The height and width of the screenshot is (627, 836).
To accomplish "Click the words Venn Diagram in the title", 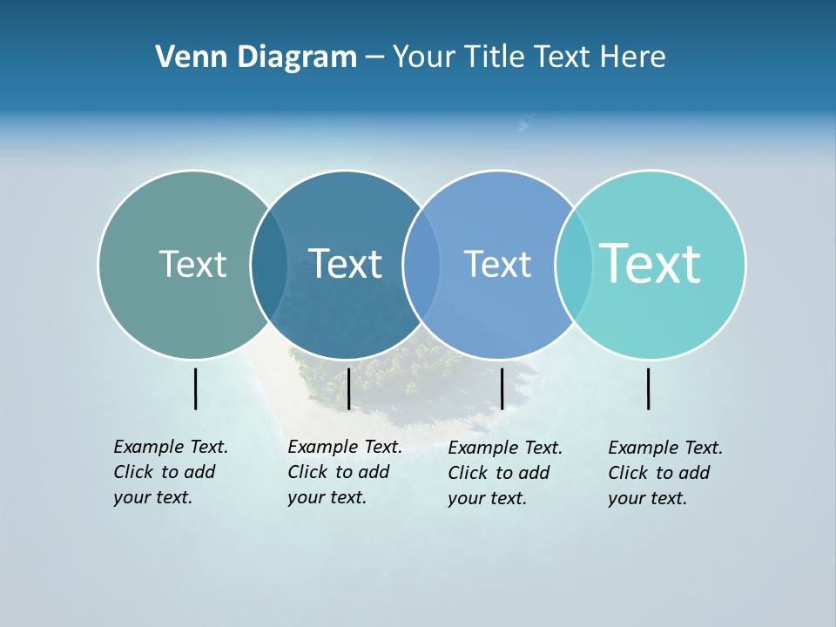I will tap(256, 57).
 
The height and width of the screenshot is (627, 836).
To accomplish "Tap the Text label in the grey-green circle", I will tap(192, 264).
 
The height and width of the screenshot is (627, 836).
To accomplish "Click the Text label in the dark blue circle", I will tap(345, 264).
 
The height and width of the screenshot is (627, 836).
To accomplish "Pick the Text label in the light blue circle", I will tap(497, 264).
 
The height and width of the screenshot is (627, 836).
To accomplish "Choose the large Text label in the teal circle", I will tap(651, 264).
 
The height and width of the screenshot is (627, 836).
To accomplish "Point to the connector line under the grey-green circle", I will tap(196, 388).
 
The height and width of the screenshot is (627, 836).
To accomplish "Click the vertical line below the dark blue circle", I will tap(348, 388).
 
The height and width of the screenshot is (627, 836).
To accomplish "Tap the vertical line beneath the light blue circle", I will tap(502, 388).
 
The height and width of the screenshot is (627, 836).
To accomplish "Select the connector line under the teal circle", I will tap(649, 388).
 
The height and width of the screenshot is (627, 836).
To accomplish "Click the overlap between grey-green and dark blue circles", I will tap(269, 264).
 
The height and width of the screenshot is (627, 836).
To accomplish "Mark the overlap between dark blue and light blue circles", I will tap(421, 264).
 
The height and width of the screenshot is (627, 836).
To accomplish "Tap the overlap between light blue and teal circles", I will tap(574, 264).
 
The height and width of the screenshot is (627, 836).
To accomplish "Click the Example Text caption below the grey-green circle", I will tap(170, 472).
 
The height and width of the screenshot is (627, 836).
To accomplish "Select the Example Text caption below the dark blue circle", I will tap(344, 472).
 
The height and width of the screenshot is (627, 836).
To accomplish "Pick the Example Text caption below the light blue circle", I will tap(504, 473).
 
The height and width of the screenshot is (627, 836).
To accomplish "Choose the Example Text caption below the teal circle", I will tap(664, 473).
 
